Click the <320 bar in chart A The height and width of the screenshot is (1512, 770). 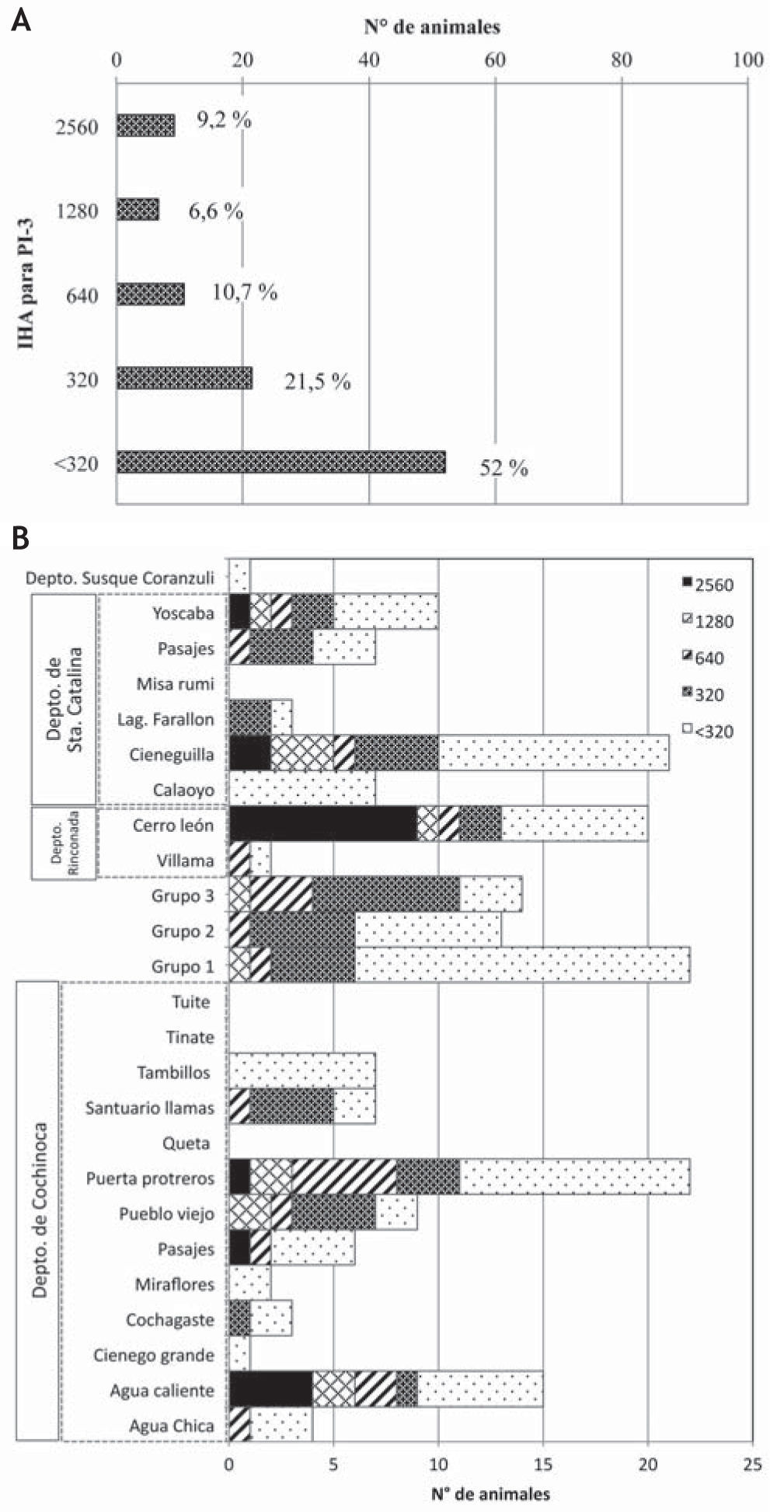tap(281, 462)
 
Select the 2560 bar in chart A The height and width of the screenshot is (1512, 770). tap(146, 125)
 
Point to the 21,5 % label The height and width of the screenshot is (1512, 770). tap(317, 381)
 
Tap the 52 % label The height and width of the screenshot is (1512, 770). tap(503, 467)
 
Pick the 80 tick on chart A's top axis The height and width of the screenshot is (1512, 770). tap(622, 61)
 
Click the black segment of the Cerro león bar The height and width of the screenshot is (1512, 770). tap(323, 824)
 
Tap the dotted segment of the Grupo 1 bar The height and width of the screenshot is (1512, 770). tap(522, 966)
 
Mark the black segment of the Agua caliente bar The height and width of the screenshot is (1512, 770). tap(271, 1390)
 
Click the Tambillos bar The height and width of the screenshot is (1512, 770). tap(302, 1072)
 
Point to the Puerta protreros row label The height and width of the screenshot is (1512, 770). tap(150, 1179)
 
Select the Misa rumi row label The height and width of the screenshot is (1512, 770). tap(175, 684)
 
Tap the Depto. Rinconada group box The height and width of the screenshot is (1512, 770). tap(64, 843)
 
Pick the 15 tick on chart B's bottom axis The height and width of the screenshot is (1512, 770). tap(543, 1465)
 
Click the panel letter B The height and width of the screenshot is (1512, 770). tap(21, 538)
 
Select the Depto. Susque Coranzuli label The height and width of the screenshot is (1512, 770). tap(120, 578)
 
